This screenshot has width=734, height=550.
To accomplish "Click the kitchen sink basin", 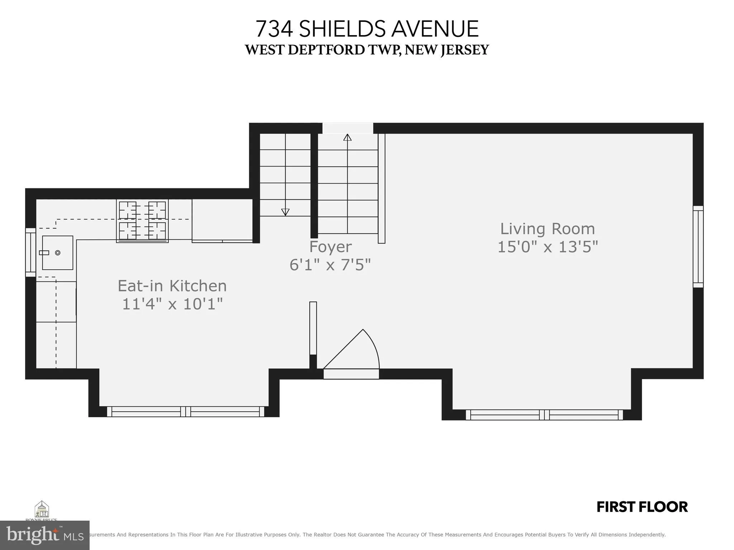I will coord(57,253).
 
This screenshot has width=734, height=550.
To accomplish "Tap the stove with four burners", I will coord(142,221).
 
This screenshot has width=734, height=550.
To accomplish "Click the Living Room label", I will coord(547,229).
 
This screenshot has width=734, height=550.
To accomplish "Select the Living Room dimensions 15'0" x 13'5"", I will coord(548,247).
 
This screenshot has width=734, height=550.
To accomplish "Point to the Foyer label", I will coord(330,247).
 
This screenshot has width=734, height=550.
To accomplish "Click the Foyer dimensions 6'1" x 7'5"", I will coord(330,265).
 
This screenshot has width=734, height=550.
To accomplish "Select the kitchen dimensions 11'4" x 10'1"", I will coord(172,304).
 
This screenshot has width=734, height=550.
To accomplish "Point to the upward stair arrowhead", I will coord(347,137).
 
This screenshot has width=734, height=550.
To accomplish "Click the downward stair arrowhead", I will coord(285,212).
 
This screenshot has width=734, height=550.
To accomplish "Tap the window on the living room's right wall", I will coord(698,246).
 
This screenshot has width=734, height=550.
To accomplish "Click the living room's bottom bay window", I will coord(544,415).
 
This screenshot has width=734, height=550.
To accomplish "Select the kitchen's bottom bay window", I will coord(185,411).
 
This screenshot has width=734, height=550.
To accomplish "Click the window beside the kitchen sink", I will coord(30,252).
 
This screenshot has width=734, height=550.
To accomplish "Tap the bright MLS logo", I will coord(44,535).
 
